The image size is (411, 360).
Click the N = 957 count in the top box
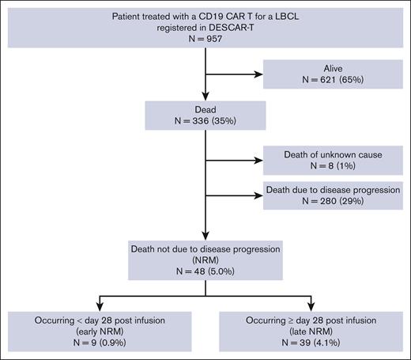[205, 38]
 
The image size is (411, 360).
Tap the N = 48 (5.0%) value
[205, 269]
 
